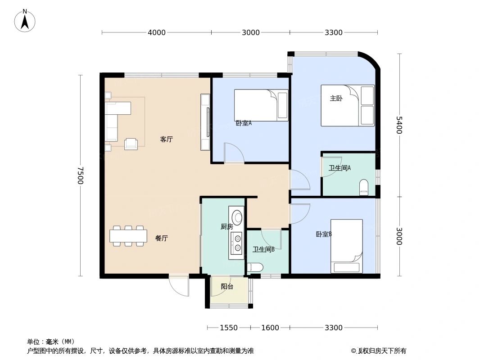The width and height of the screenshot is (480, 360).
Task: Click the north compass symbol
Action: (x=25, y=21)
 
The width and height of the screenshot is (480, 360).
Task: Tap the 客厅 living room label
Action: (x=166, y=139)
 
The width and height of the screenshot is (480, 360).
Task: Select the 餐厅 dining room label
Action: (x=161, y=238)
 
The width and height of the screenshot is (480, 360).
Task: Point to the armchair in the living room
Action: (x=131, y=144)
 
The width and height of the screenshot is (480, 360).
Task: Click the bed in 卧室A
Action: (x=261, y=105)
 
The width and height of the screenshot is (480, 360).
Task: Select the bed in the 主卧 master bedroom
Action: (x=347, y=105)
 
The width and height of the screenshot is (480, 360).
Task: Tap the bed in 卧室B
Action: (x=346, y=246)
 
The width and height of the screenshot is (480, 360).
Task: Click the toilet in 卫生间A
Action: (x=364, y=187)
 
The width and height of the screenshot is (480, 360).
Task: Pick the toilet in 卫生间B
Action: (x=255, y=267)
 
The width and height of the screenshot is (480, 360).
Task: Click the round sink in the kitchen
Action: (x=236, y=217)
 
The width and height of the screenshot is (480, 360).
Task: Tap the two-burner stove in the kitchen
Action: (x=236, y=244)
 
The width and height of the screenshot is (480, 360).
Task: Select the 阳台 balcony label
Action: (x=227, y=287)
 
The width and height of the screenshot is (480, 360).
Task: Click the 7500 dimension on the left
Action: (x=80, y=175)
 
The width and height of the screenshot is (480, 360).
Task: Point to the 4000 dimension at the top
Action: (x=157, y=32)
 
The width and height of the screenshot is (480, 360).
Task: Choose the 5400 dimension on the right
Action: (x=399, y=125)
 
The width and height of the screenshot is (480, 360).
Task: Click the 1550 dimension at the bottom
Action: (x=228, y=328)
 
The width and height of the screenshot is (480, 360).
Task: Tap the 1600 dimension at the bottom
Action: (x=270, y=328)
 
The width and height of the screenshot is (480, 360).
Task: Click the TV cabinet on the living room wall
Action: (x=205, y=122)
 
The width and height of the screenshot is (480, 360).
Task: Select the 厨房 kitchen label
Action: (x=226, y=227)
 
